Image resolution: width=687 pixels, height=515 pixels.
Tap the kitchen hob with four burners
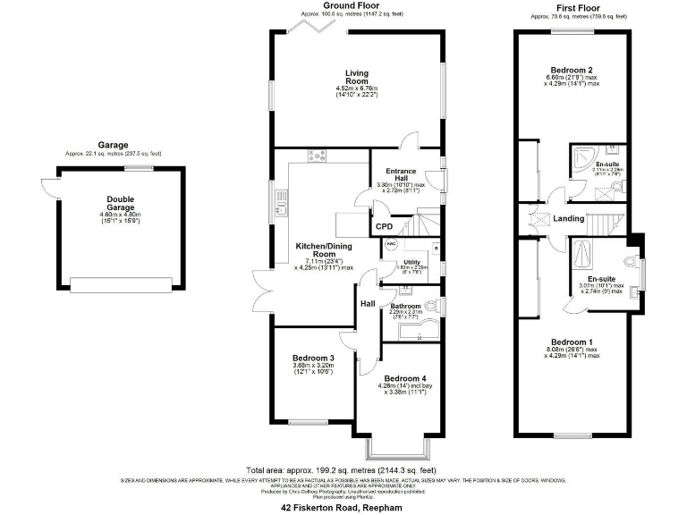(317, 156)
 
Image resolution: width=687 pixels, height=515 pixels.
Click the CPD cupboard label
(383, 227)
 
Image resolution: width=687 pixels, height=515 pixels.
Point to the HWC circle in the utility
(390, 244)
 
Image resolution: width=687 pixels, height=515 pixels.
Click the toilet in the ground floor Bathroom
(436, 307)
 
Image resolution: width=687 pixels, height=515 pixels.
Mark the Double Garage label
(120, 203)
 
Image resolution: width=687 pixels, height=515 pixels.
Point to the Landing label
(568, 218)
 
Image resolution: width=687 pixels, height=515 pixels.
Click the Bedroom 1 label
(572, 342)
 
